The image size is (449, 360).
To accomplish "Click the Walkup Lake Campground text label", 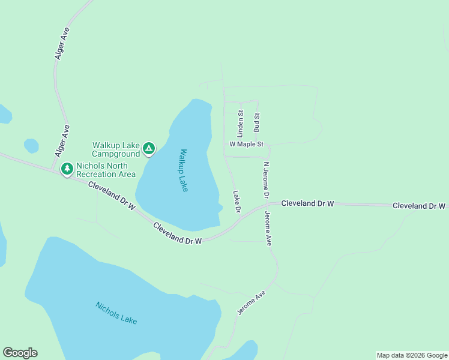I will pyautogui.click(x=116, y=149).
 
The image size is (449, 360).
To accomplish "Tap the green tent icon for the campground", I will pyautogui.click(x=149, y=148).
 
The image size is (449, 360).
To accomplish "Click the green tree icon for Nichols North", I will pyautogui.click(x=67, y=169).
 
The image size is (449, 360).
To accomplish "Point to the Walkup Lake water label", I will pyautogui.click(x=183, y=170).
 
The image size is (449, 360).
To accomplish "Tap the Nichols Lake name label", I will pyautogui.click(x=116, y=313).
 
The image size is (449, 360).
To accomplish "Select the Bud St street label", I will pyautogui.click(x=256, y=122).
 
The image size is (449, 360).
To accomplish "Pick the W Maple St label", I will pyautogui.click(x=247, y=145).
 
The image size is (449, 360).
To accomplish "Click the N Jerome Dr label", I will pyautogui.click(x=266, y=180).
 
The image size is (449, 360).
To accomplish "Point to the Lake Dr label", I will pyautogui.click(x=237, y=202).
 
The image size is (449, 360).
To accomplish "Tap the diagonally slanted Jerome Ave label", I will pyautogui.click(x=251, y=303).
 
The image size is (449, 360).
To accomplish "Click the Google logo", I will pyautogui.click(x=20, y=353).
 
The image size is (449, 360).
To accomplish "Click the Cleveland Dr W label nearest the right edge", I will pyautogui.click(x=419, y=206).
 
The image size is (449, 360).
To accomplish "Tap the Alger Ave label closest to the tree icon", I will pyautogui.click(x=62, y=142).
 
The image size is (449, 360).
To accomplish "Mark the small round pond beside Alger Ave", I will pyautogui.click(x=31, y=146).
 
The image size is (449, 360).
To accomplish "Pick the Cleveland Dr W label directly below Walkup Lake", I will pyautogui.click(x=178, y=233).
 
